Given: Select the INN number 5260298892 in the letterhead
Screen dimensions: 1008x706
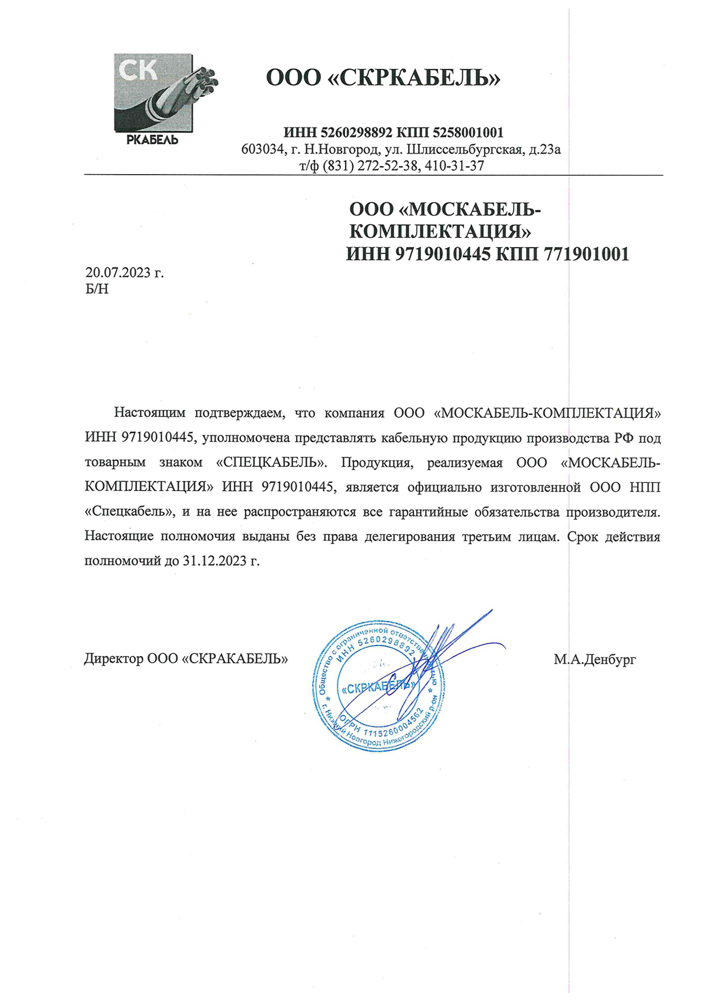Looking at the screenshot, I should coord(356,133).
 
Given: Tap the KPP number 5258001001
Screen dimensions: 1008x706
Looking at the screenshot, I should coord(468,133).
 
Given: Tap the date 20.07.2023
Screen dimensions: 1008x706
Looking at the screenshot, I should coord(117,273).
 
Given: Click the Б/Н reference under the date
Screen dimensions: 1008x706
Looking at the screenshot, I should coord(97,289).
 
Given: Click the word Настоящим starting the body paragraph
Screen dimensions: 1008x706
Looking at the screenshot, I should coord(150,413).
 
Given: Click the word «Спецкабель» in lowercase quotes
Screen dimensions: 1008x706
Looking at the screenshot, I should coord(129,512).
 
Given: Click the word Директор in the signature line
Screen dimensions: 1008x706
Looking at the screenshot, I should coord(113,659).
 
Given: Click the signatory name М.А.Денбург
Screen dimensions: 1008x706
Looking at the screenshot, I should coord(594,660).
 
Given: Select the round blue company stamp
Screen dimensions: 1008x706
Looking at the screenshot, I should coord(379,686).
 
